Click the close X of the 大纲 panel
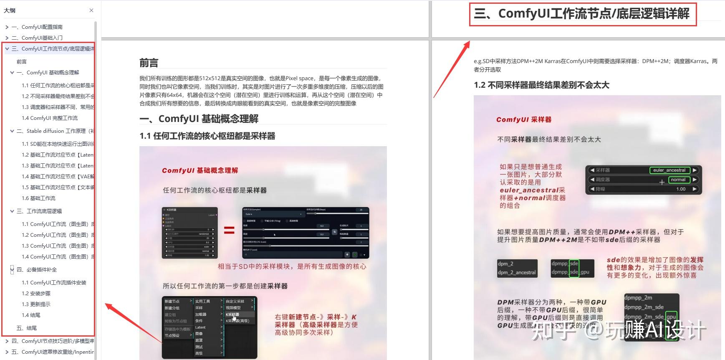91,10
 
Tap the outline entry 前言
22,62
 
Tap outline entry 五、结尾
27,328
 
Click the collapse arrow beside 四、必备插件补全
12,270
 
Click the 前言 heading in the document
149,63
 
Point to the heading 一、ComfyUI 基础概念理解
199,119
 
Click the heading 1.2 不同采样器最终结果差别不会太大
541,85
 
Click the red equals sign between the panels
229,230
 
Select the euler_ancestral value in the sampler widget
669,170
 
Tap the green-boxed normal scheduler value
678,180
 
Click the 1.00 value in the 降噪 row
681,189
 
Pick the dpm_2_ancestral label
516,273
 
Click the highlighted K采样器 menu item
233,314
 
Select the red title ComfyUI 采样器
524,120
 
